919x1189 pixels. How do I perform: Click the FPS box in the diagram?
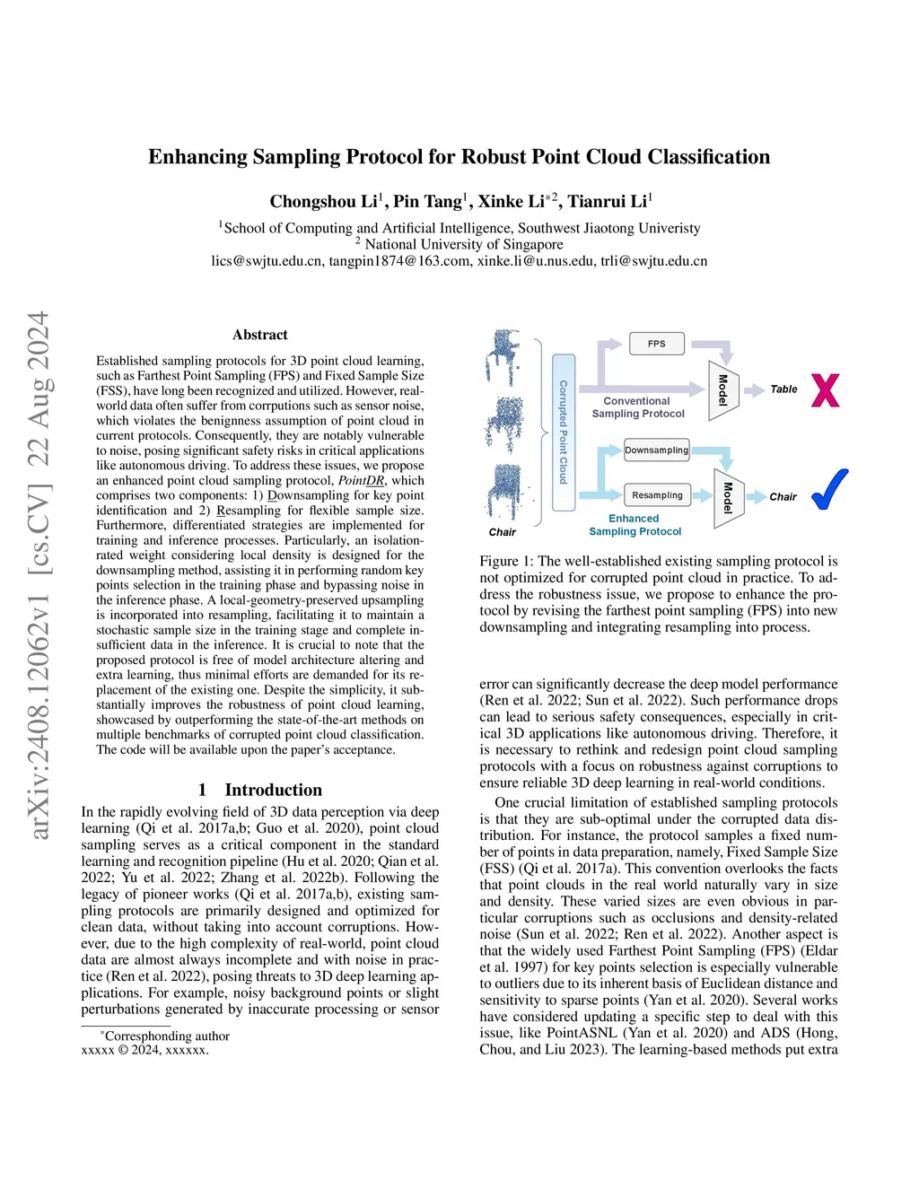pos(656,344)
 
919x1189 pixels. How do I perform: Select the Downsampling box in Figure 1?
pos(656,450)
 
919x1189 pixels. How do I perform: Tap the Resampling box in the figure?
pos(657,495)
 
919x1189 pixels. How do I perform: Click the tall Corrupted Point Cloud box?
pos(564,433)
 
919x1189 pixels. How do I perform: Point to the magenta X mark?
pos(825,390)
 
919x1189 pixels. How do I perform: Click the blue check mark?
pos(829,489)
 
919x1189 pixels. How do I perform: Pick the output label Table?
pos(783,389)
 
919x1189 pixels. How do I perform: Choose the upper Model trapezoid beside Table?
pos(723,390)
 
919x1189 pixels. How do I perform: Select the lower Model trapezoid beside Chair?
pos(729,498)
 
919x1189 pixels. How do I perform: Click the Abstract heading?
pos(260,335)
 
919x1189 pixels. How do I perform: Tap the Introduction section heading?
pos(260,790)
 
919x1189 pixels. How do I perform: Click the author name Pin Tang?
pos(428,201)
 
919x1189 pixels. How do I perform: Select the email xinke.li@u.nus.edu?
pos(536,261)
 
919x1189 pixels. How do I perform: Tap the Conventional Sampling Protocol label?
pos(638,407)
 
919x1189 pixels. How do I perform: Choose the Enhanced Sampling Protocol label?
pos(635,525)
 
